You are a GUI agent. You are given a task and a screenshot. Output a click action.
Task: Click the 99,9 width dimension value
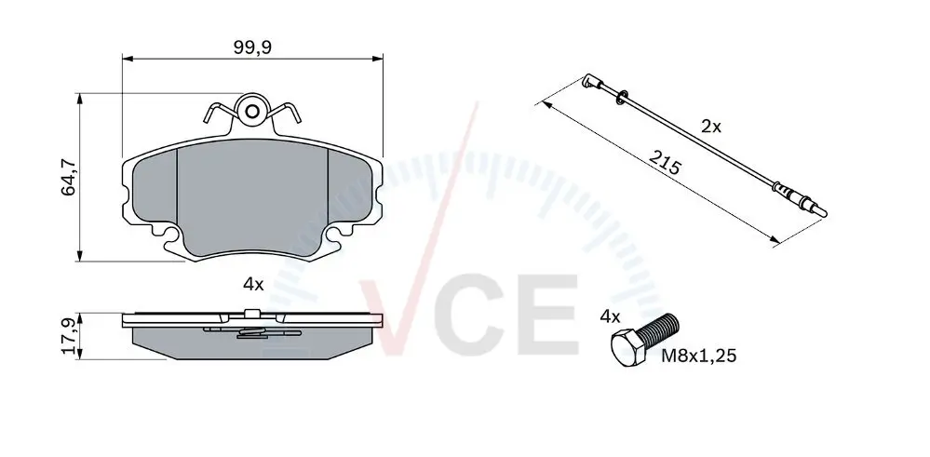coord(252,48)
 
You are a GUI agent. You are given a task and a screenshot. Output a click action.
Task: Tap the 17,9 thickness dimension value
coord(68,336)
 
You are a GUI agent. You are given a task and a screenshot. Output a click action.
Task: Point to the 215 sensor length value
coord(665,163)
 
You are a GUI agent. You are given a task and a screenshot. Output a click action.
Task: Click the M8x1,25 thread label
coord(699,356)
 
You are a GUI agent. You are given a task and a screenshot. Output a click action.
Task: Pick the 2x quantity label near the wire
coord(711,127)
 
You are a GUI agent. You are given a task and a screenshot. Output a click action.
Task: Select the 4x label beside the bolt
coord(610,316)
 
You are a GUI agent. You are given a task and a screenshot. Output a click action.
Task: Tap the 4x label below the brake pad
coord(253,285)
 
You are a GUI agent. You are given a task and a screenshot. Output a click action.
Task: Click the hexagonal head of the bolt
coord(628,348)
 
